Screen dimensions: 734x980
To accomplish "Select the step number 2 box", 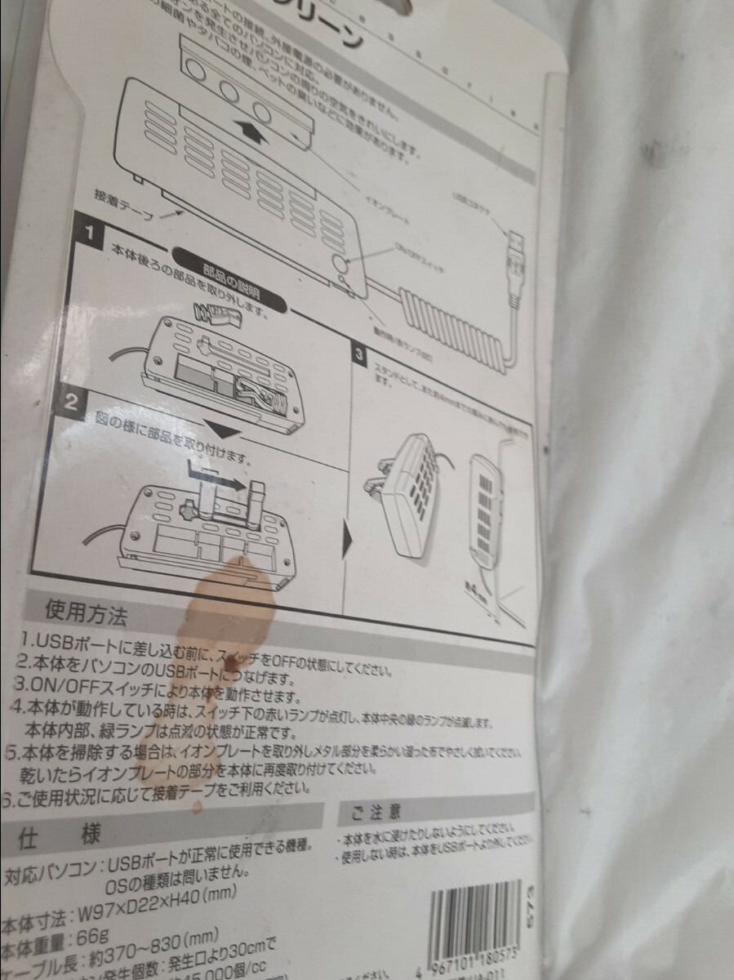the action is pyautogui.click(x=73, y=401).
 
